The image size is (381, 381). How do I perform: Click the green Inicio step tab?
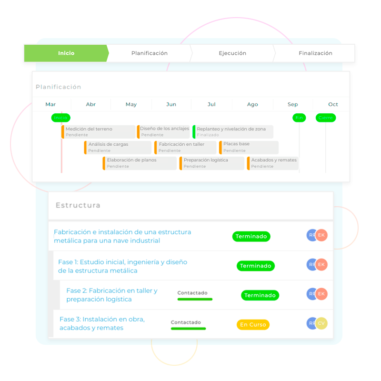(66, 53)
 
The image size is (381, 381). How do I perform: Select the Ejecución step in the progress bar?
(232, 53)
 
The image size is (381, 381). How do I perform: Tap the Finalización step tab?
(315, 53)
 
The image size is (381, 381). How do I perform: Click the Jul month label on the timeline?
(211, 104)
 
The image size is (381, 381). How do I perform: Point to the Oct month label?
(333, 104)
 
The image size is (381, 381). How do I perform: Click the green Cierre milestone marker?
(326, 118)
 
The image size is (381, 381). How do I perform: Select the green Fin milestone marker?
(299, 118)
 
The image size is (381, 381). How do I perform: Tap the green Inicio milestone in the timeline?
(61, 118)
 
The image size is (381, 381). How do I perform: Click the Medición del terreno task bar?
(99, 132)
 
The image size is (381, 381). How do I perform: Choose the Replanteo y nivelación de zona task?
(233, 132)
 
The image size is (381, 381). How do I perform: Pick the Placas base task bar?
(249, 147)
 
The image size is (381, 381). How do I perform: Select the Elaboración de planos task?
(140, 163)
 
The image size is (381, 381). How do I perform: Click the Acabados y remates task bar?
(272, 163)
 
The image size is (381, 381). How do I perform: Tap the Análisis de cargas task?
(118, 147)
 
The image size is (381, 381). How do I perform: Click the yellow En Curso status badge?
(253, 325)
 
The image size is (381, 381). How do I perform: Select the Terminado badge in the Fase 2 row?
(260, 295)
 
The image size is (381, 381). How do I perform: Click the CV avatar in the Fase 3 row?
(322, 323)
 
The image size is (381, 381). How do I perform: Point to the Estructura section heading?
(78, 205)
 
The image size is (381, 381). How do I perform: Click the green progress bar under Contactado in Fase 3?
(188, 329)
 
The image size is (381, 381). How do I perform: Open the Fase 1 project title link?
(122, 266)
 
